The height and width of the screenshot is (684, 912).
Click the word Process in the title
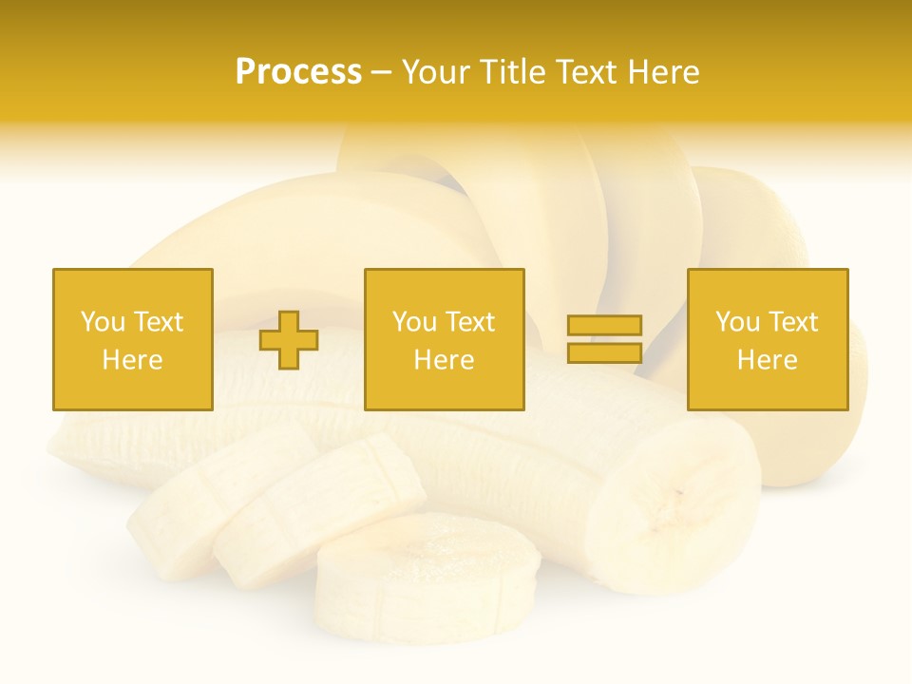point(298,72)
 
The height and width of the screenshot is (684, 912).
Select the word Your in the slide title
point(434,72)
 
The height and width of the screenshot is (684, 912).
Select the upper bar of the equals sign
point(604,325)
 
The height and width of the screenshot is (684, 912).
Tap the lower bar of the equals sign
point(604,353)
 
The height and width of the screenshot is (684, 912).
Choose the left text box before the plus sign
point(133,339)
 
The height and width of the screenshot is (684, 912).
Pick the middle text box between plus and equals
point(444,339)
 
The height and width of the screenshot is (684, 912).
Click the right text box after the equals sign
point(767,339)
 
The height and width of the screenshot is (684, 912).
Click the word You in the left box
point(103,322)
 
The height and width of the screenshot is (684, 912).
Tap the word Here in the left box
point(132,360)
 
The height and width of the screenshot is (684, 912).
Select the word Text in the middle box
point(468,322)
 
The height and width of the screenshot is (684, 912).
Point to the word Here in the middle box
point(444,360)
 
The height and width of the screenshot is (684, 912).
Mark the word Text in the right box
point(791,322)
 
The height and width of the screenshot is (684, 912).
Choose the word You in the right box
point(737,322)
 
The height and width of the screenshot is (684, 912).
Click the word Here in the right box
point(767,360)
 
